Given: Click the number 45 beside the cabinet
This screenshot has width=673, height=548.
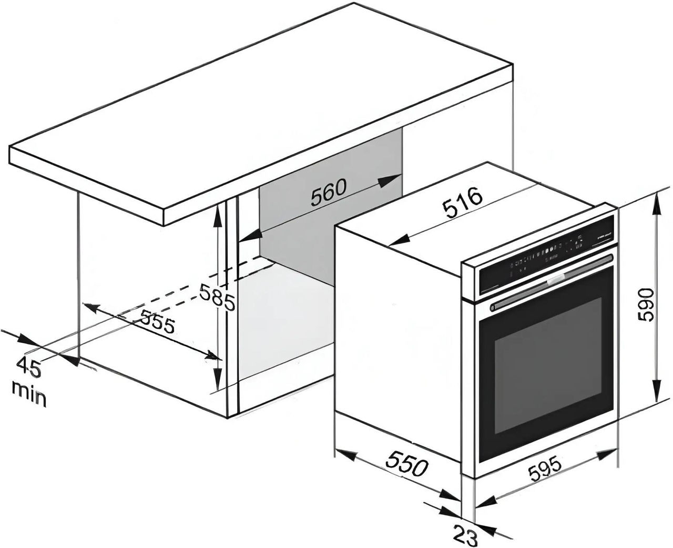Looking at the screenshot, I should [x=28, y=367].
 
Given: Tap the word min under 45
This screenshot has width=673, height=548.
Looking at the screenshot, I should [x=29, y=395].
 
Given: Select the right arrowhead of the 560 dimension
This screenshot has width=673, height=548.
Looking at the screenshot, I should [x=389, y=180].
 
